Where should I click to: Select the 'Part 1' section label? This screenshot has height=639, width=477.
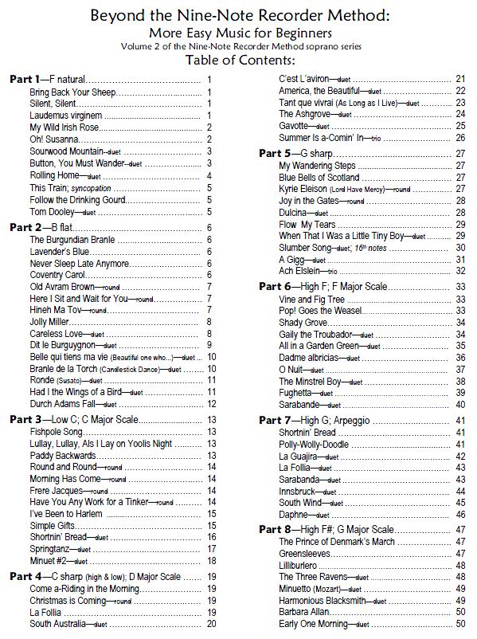[26, 80]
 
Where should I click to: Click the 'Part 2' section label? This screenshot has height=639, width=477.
[26, 227]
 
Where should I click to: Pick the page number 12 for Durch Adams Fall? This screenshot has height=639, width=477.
[212, 404]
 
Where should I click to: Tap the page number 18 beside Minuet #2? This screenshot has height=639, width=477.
[212, 561]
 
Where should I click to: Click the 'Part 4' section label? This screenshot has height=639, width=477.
[26, 576]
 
